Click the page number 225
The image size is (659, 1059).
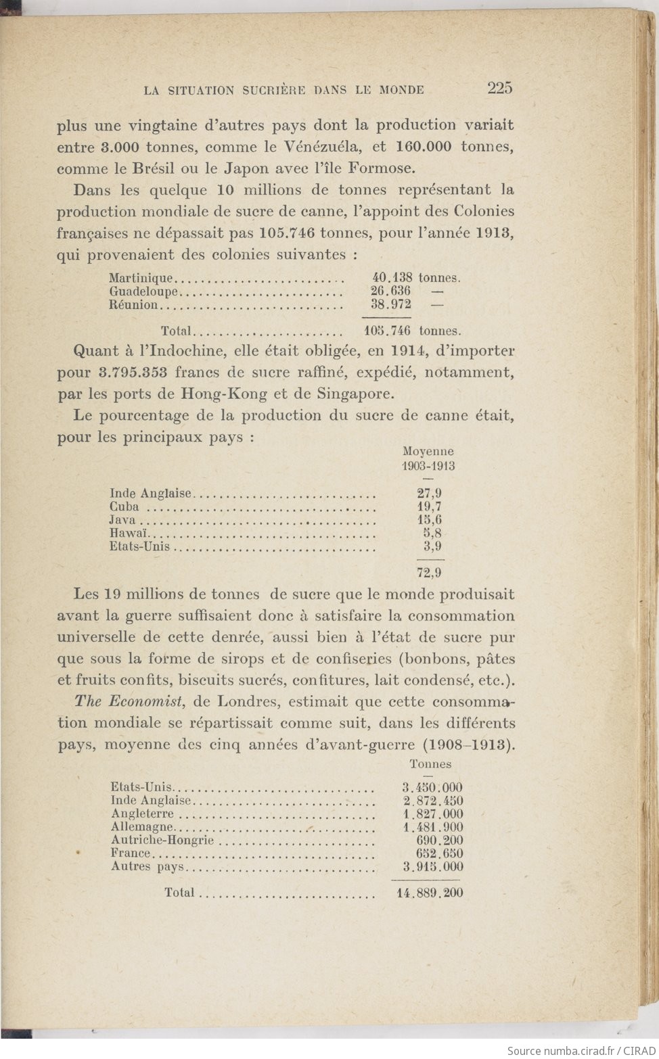pos(499,87)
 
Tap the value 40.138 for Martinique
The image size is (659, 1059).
pos(392,278)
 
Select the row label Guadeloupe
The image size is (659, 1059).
pos(143,291)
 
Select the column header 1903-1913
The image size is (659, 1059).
pos(428,466)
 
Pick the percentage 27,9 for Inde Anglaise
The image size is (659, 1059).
pos(429,494)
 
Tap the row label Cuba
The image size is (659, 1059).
pos(124,507)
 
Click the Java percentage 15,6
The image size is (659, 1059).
pos(429,520)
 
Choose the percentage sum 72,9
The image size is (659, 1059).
pos(429,573)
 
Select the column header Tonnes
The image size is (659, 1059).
pos(430,764)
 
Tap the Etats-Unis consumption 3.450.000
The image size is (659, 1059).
pos(432,787)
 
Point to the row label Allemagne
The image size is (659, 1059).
pos(142,827)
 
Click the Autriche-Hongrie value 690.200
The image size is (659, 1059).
pos(439,841)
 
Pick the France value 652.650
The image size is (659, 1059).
pos(439,853)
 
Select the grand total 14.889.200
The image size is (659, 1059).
pos(430,893)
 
